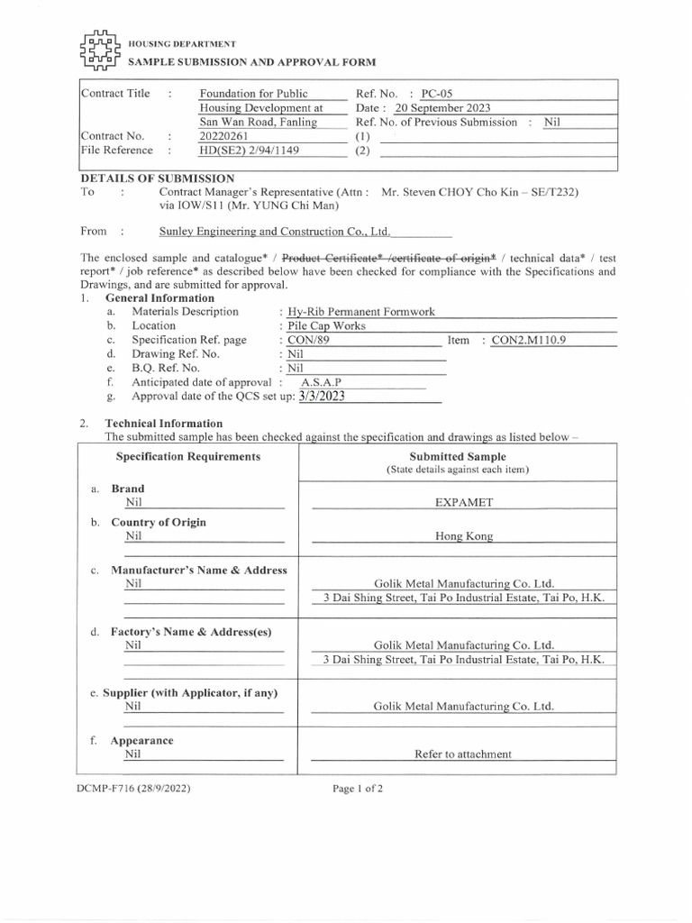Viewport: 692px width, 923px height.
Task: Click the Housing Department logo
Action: pos(100,52)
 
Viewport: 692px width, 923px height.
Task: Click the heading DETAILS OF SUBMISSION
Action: pos(158,178)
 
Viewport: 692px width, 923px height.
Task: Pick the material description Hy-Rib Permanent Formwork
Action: pos(360,312)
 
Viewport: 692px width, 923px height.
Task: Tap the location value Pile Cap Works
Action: pos(323,325)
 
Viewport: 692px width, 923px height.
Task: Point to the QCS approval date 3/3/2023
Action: pos(315,396)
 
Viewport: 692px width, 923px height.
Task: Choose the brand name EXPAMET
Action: pos(463,502)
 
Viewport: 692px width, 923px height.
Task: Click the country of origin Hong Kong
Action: pos(463,535)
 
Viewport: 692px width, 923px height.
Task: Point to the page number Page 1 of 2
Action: pos(358,788)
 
